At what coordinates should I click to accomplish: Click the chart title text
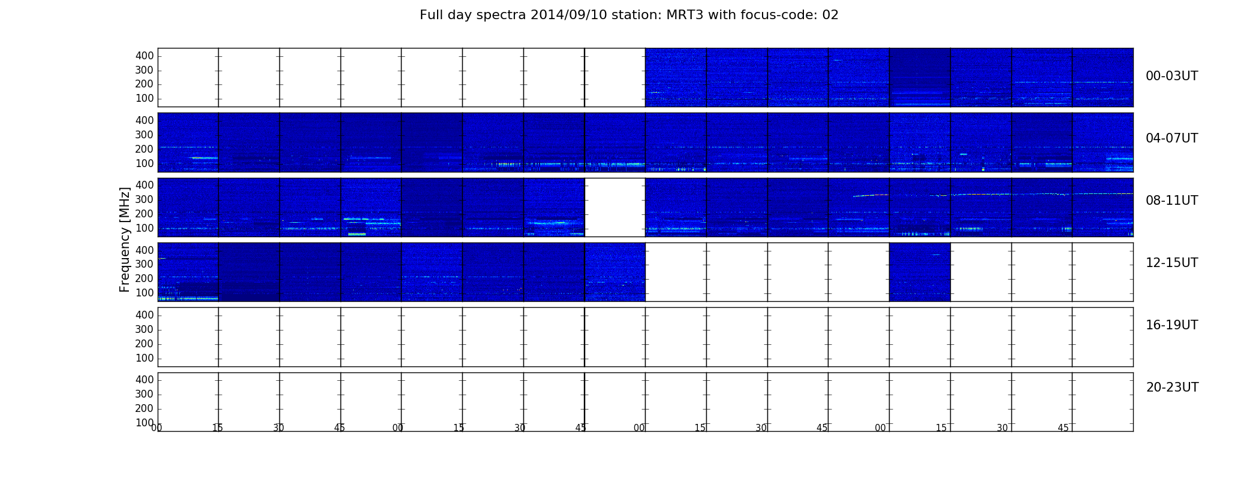[629, 15]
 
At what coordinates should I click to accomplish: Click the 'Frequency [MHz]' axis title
[125, 239]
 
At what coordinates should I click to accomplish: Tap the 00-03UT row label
[1171, 76]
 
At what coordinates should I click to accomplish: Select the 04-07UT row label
[1171, 138]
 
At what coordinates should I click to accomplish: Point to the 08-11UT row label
[1171, 201]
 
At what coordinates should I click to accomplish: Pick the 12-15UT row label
[1171, 263]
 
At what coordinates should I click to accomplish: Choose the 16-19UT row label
[1171, 325]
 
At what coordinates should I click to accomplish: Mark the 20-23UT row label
[1172, 387]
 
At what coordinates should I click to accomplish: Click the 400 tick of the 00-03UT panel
[144, 56]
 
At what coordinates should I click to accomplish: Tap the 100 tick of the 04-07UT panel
[144, 163]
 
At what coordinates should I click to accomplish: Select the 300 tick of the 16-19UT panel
[144, 329]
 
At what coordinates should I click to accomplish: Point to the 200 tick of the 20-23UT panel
[144, 408]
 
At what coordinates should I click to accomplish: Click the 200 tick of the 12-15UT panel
[144, 278]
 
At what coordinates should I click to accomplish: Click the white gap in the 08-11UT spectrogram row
[615, 207]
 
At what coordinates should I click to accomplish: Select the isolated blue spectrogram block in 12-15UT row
[920, 272]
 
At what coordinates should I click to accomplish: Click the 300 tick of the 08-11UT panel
[144, 199]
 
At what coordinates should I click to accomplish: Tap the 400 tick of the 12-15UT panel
[144, 250]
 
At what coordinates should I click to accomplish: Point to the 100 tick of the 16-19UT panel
[144, 358]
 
